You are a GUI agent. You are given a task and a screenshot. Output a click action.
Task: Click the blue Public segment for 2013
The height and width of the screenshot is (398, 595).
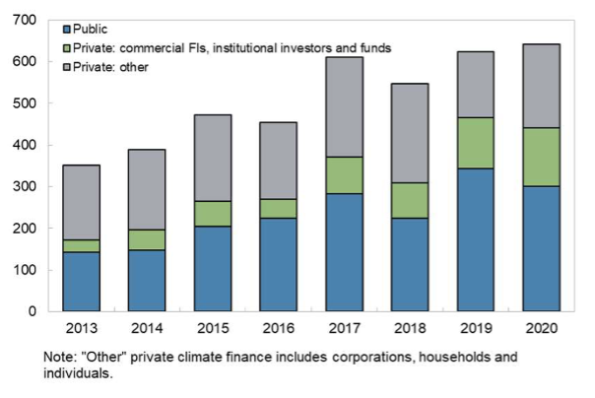point(81,282)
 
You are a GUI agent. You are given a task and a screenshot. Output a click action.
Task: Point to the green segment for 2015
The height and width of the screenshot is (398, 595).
point(213,214)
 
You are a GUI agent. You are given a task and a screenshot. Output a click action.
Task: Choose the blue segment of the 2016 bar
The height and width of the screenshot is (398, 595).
point(279,265)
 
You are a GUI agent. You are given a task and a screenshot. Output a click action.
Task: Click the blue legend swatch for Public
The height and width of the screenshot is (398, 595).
point(68,30)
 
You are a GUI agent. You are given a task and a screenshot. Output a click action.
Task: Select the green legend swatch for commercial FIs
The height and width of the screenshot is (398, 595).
point(68,47)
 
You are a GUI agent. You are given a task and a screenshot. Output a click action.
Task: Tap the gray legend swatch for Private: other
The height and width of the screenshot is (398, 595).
point(68,65)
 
